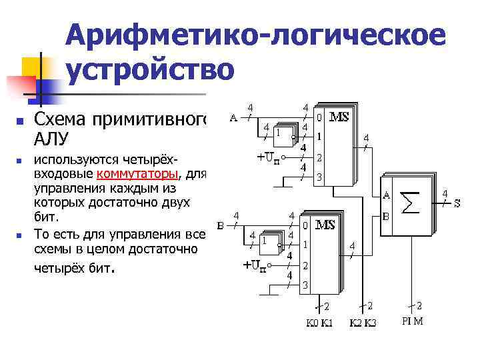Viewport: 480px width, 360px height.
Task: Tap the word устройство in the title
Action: (150, 69)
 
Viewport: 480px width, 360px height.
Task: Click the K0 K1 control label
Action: (319, 323)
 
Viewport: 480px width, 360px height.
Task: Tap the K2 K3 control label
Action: (363, 323)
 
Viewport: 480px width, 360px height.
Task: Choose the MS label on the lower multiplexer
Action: (325, 225)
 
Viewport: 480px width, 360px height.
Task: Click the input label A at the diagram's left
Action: (233, 119)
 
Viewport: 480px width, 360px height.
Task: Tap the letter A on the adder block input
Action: (387, 195)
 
